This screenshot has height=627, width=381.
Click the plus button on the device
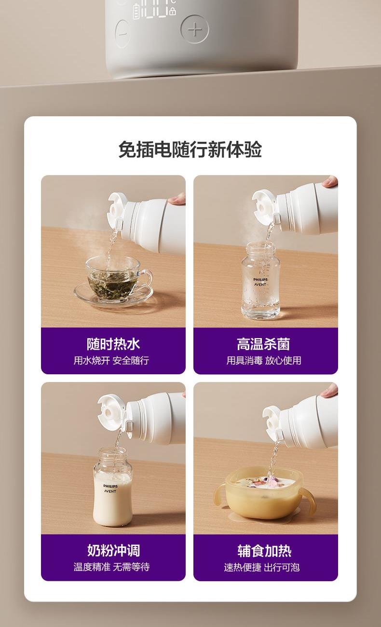coord(195,29)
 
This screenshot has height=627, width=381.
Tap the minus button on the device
coord(122,34)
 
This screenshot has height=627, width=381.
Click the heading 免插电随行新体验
coord(190,149)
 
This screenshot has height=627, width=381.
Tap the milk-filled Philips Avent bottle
coord(112,487)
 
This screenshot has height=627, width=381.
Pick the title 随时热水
coord(113,344)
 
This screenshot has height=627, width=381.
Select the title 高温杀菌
coord(263,344)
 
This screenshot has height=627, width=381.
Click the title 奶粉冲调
coord(113,551)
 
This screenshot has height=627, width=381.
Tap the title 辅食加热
coord(264,551)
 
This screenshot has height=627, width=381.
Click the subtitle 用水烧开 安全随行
coord(111,361)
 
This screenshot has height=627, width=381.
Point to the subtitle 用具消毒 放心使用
coord(264,361)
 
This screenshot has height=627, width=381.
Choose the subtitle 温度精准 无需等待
coord(111,567)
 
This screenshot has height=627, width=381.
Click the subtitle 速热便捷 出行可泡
coord(262,567)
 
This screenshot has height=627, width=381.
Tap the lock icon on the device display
coord(173,11)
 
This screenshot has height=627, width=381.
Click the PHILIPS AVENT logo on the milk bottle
coord(110,489)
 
